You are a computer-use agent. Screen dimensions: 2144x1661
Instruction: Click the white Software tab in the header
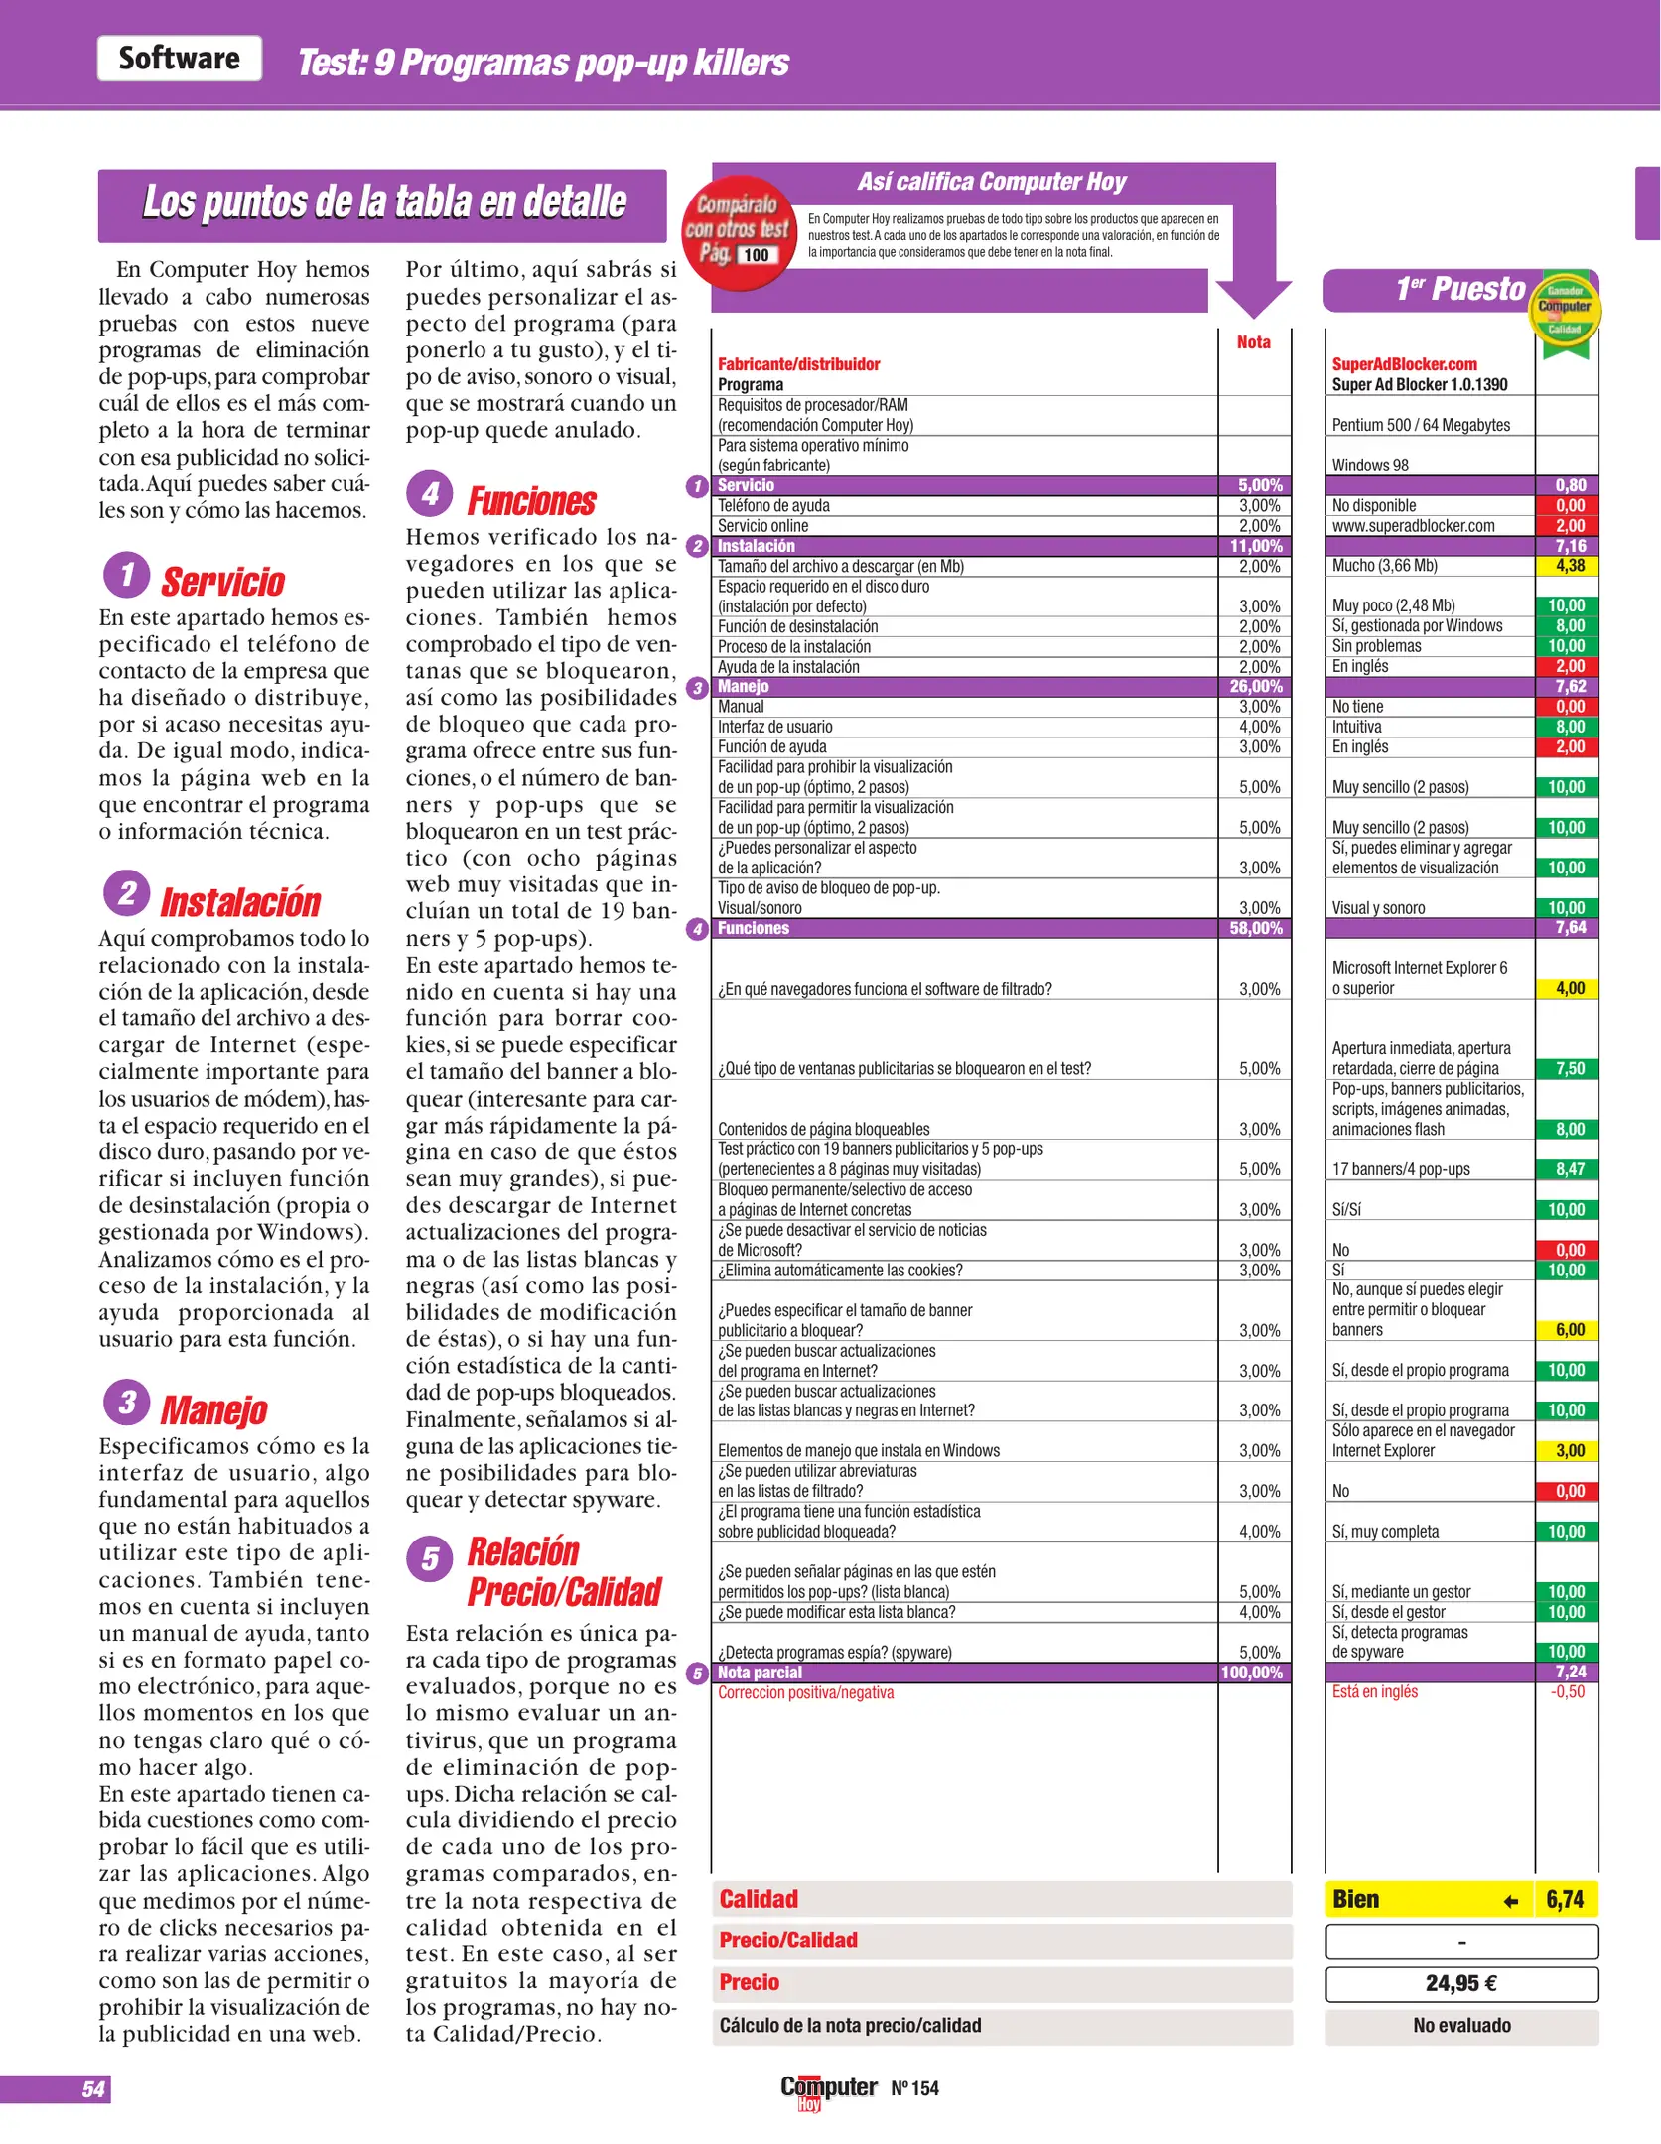tap(180, 59)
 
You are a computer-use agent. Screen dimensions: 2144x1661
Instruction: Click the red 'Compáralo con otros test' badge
tap(739, 232)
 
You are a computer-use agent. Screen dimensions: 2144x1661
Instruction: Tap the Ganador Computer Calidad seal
tap(1565, 308)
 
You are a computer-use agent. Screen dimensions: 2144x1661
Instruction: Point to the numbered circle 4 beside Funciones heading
tap(429, 493)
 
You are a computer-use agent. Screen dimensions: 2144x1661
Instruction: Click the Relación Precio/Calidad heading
tap(562, 1571)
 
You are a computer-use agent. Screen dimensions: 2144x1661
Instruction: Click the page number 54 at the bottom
tap(93, 2089)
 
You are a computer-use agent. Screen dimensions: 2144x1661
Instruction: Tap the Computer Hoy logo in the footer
tap(828, 2089)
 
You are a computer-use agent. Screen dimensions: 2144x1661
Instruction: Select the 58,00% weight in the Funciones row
tap(1255, 928)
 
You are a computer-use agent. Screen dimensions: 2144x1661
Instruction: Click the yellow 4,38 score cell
tap(1569, 566)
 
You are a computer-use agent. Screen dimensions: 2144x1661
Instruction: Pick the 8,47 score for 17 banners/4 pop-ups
tap(1569, 1169)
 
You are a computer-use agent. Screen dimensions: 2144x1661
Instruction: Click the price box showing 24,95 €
tap(1461, 1983)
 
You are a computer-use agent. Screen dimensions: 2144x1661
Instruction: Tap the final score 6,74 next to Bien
tap(1565, 1899)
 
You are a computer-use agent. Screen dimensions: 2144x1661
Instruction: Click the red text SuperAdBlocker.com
tap(1404, 364)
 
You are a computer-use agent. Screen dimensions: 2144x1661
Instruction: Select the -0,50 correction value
tap(1567, 1692)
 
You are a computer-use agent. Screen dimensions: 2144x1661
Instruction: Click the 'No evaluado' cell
tap(1461, 2025)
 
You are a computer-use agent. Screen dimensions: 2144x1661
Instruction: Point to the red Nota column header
tap(1253, 342)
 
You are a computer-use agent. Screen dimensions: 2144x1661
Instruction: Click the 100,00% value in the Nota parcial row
tap(1252, 1673)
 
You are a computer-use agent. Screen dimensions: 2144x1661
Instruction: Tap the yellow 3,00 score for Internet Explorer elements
tap(1569, 1451)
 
